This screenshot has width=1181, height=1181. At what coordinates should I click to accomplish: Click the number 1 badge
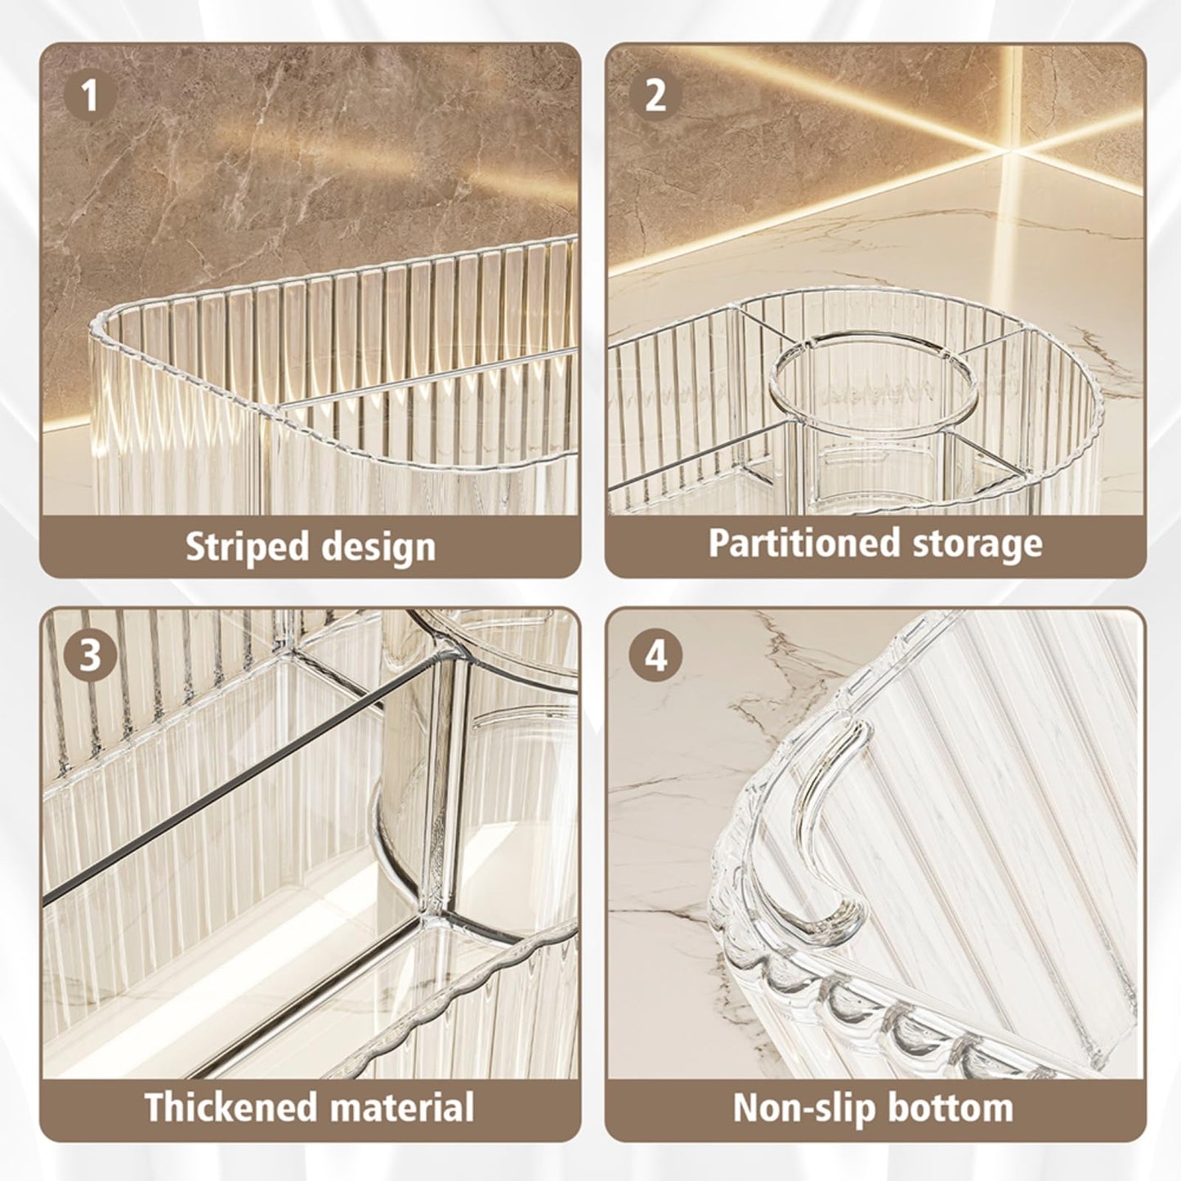pyautogui.click(x=90, y=96)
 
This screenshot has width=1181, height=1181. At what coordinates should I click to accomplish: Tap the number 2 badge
pyautogui.click(x=655, y=96)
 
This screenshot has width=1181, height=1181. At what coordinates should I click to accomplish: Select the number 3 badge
pyautogui.click(x=90, y=655)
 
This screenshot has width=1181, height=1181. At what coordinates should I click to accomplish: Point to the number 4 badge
pyautogui.click(x=655, y=655)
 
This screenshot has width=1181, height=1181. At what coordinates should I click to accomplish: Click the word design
pyautogui.click(x=378, y=548)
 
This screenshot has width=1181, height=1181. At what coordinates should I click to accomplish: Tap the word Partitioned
pyautogui.click(x=805, y=543)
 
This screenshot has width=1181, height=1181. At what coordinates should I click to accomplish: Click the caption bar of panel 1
pyautogui.click(x=310, y=547)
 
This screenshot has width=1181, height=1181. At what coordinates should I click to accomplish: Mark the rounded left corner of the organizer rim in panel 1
pyautogui.click(x=101, y=324)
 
